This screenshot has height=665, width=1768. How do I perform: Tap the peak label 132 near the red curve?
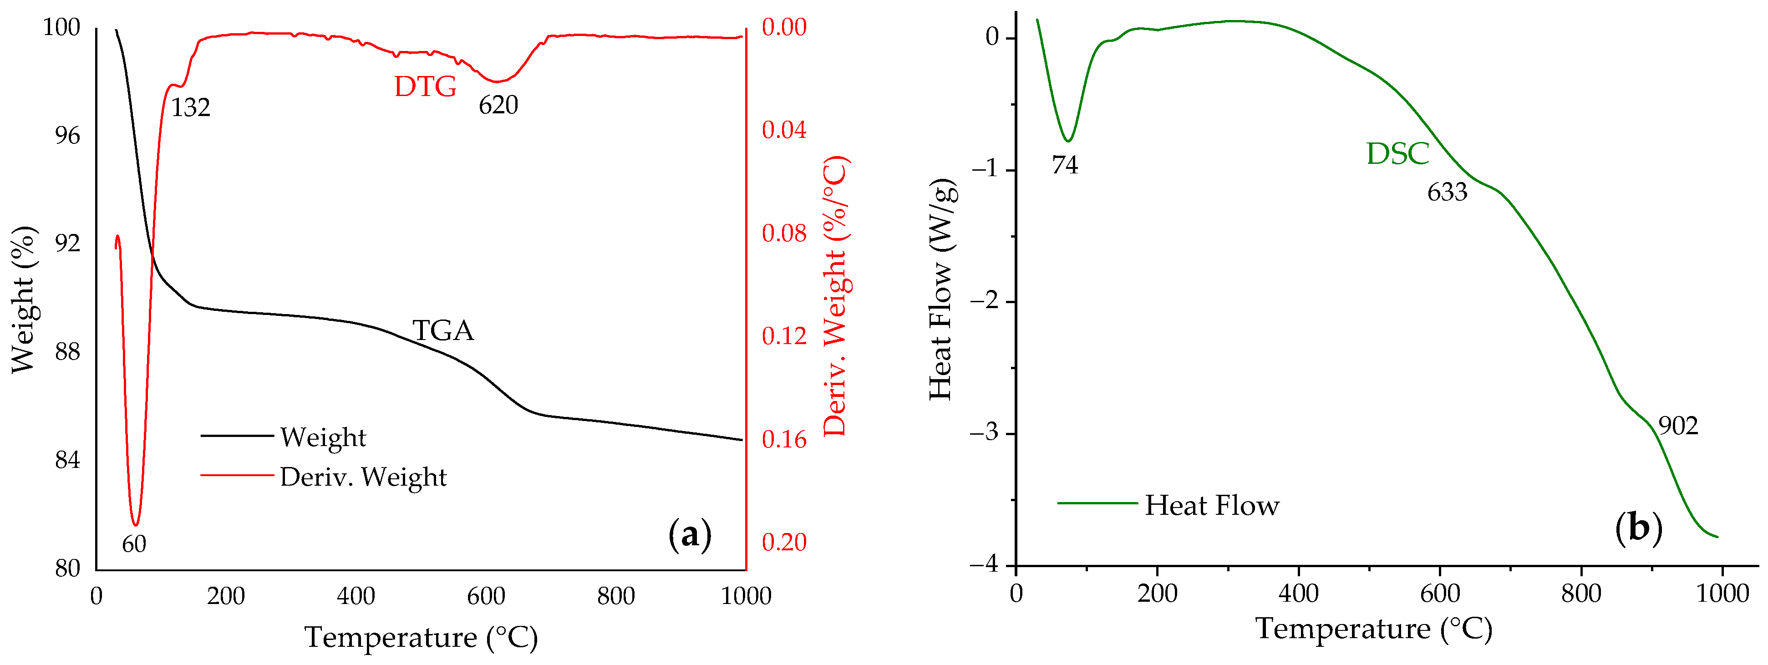[x=190, y=108]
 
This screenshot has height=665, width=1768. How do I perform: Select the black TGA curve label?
[x=443, y=331]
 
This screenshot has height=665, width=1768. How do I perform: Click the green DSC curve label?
[x=1397, y=154]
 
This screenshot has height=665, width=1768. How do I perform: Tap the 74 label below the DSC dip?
[x=1065, y=165]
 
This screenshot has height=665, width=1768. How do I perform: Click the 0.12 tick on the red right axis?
[x=784, y=336]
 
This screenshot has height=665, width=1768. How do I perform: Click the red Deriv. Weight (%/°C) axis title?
[x=835, y=296]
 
